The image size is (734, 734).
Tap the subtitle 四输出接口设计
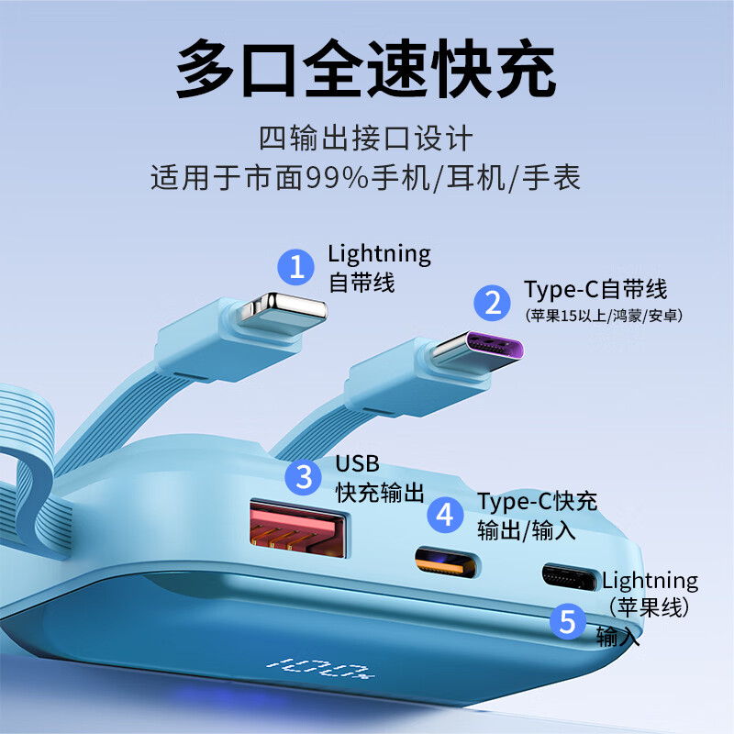366,139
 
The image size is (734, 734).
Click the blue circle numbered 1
296,267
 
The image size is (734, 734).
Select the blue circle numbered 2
494,302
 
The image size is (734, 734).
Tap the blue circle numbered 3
304,477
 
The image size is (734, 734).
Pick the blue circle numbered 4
445,515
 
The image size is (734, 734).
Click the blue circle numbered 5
568,623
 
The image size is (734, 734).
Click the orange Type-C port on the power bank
446,562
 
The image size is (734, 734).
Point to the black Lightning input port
568,575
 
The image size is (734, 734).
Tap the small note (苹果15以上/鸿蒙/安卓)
605,316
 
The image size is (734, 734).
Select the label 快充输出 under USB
380,493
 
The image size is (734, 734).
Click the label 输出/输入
526,529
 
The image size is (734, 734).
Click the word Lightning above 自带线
379,253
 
